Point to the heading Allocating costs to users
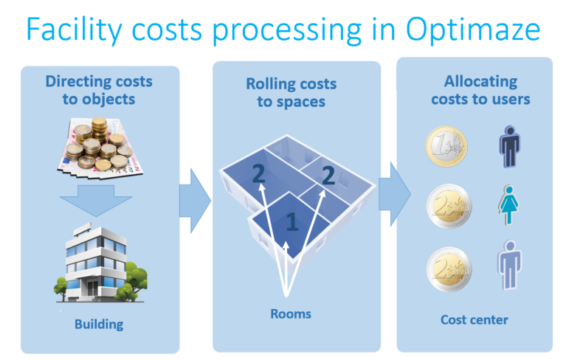(480, 90)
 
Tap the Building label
(99, 324)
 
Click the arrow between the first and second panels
(195, 198)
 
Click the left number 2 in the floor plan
(258, 174)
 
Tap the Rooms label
(291, 314)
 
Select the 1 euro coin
(446, 146)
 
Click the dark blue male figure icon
(510, 145)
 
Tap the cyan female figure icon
(508, 204)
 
